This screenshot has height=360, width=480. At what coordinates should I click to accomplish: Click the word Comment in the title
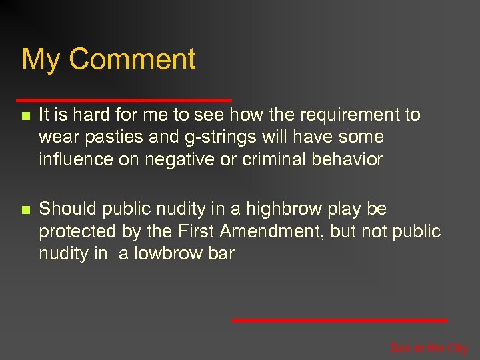tap(132, 59)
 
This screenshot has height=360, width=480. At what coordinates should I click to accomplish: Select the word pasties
tap(109, 138)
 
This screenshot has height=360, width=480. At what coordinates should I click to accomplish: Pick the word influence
tap(73, 159)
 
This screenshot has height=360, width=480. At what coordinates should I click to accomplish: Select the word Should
tap(67, 209)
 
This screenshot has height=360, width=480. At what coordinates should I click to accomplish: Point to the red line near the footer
tap(340, 320)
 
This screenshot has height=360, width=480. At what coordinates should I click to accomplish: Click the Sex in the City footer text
tap(429, 347)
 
